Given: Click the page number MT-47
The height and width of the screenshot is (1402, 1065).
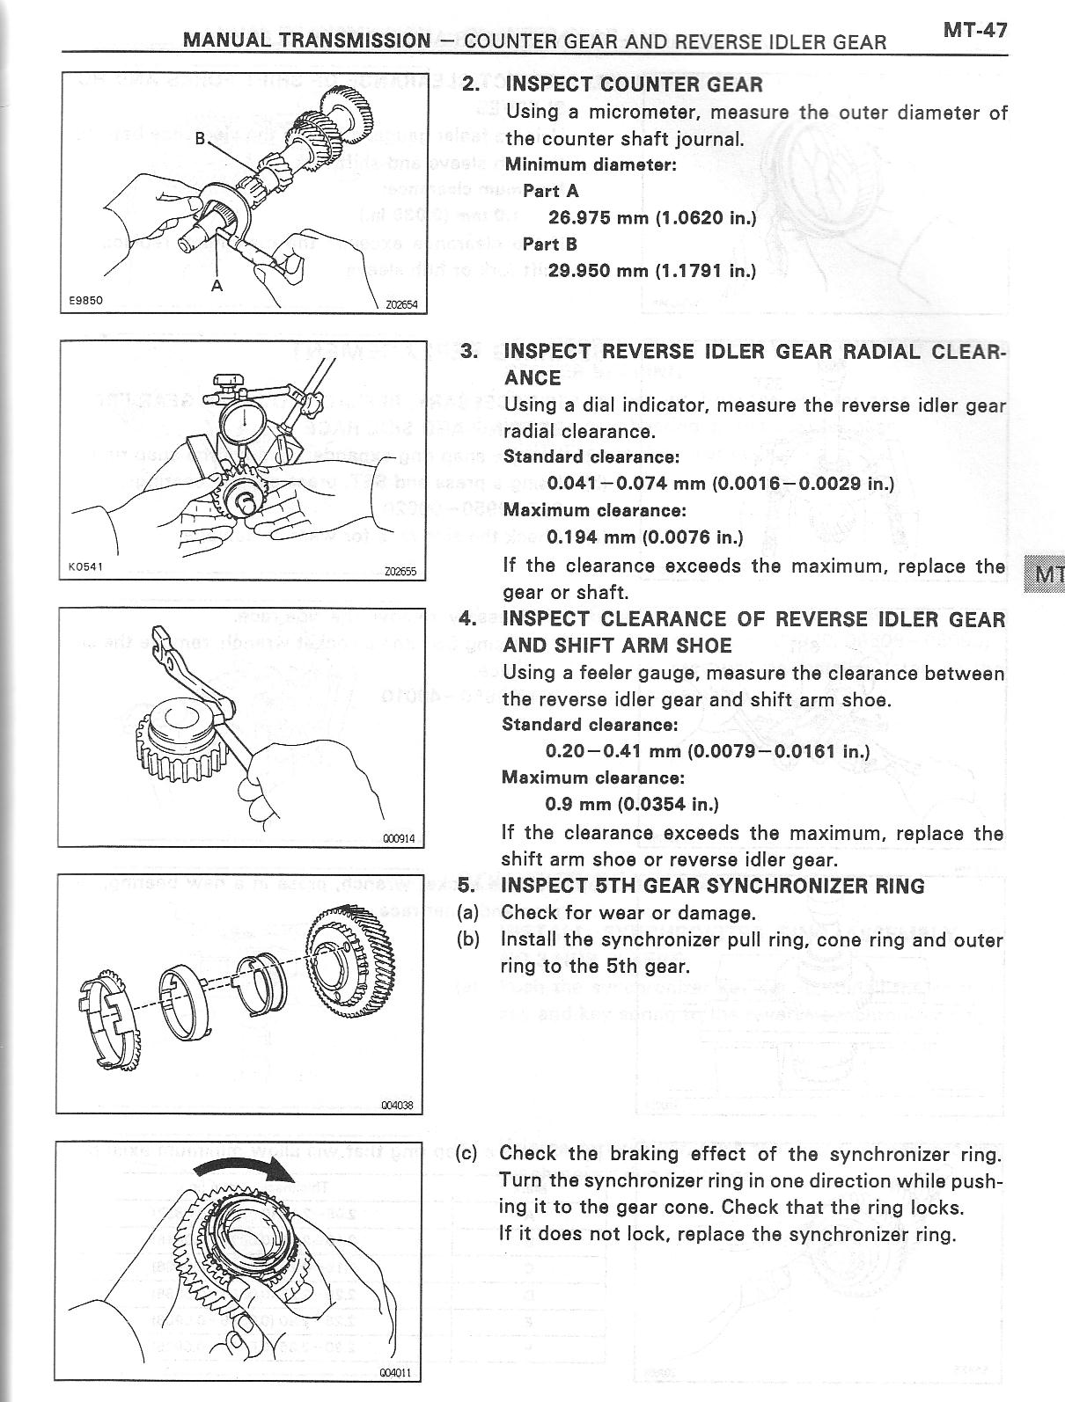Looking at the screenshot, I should tap(974, 30).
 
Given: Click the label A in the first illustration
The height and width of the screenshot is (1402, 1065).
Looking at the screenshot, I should tap(217, 285).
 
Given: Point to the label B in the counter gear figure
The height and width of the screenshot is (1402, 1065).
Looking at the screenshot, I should tap(200, 138).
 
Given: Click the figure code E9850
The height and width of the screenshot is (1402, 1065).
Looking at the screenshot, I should tap(86, 300).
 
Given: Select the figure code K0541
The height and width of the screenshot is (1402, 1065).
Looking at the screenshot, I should tap(85, 566).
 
